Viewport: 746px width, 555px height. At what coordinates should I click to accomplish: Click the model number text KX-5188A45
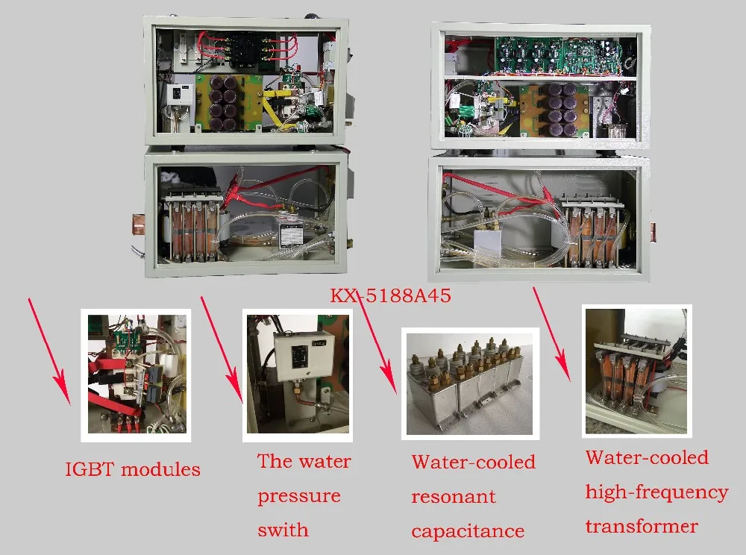tap(390, 296)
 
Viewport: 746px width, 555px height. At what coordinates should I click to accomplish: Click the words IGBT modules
tap(133, 469)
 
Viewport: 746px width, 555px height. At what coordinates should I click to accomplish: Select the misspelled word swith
tap(283, 530)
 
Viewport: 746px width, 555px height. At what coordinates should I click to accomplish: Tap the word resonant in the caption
tap(453, 497)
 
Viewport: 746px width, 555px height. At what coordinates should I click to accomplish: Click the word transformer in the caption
tap(642, 526)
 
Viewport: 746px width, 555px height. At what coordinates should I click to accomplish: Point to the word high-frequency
tap(656, 492)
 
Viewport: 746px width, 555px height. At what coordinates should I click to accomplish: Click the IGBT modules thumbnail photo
tap(135, 374)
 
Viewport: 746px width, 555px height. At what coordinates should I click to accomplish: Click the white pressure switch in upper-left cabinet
tap(181, 95)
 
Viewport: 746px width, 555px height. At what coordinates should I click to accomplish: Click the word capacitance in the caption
tap(468, 531)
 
